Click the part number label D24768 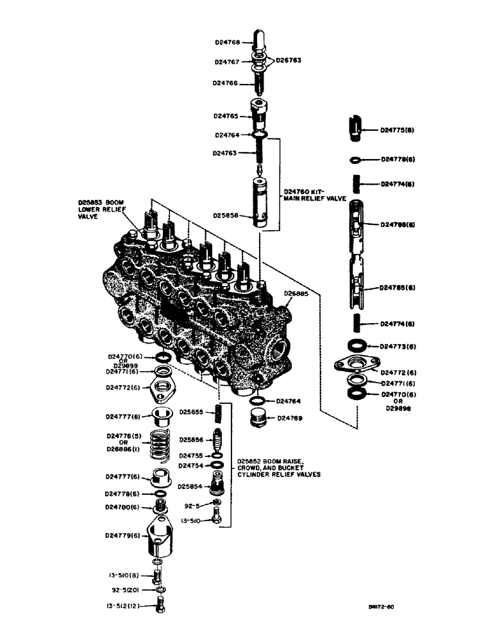228,43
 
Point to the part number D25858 228,216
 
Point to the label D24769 290,417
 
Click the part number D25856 192,440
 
